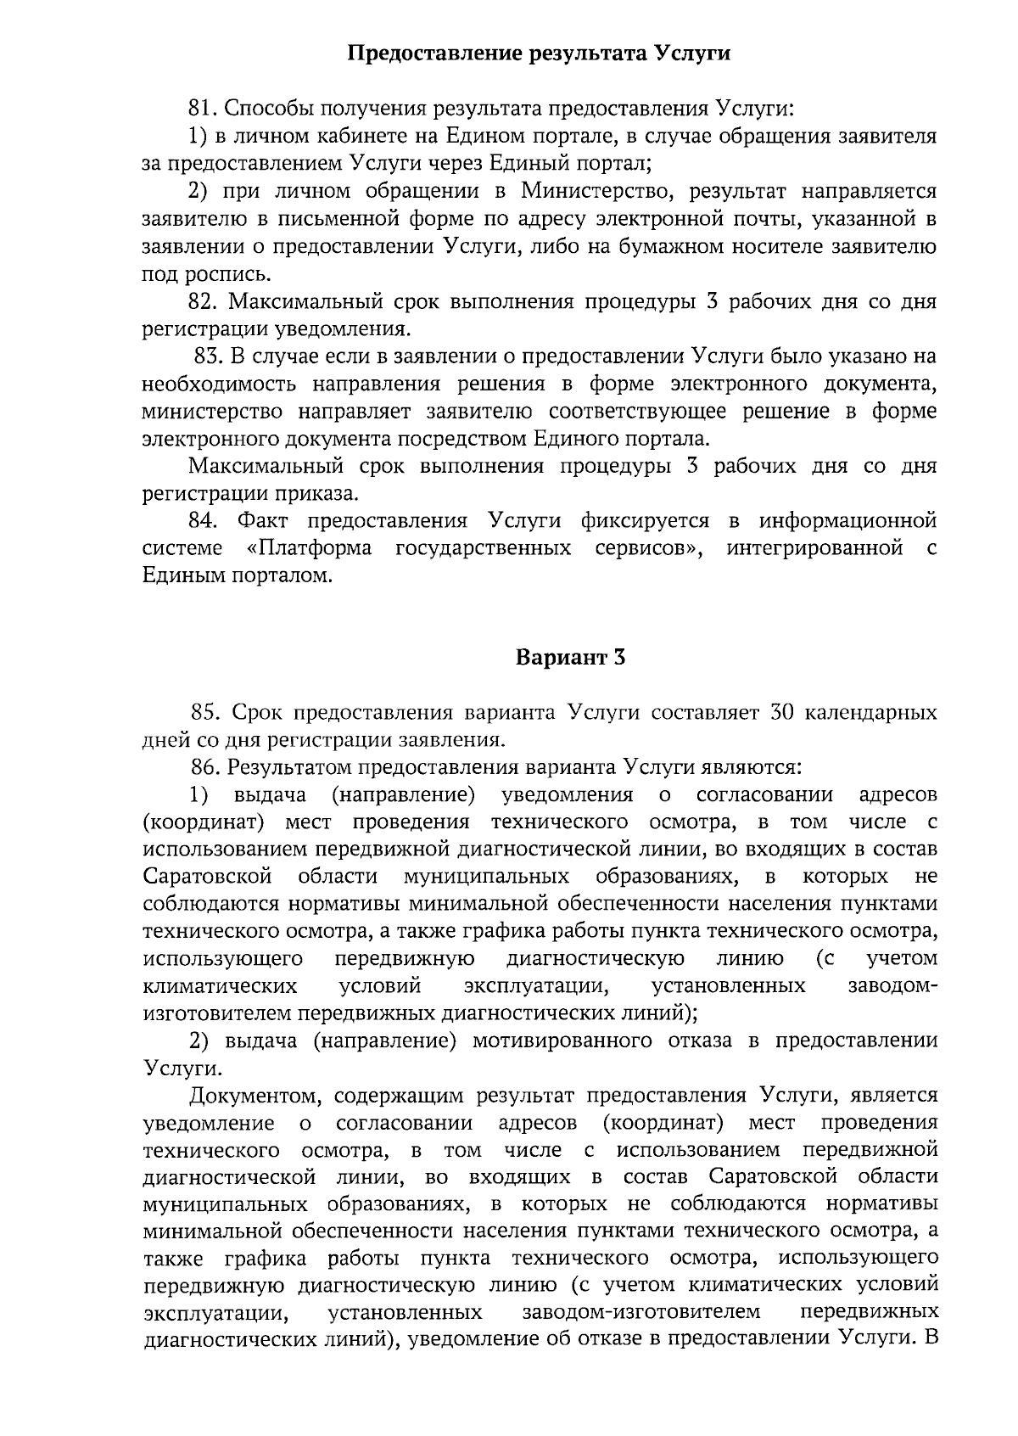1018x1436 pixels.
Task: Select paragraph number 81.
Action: click(204, 109)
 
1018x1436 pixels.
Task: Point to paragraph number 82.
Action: click(204, 302)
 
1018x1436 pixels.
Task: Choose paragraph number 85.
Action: click(206, 712)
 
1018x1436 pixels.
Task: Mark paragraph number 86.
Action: click(206, 767)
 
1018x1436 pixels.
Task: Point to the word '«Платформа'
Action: click(309, 548)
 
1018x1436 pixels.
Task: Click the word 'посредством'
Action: click(466, 439)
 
